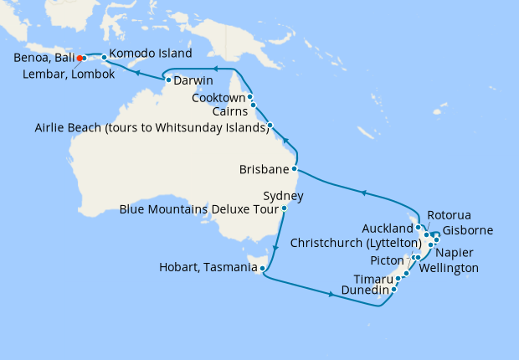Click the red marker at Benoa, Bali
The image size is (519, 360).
click(79, 59)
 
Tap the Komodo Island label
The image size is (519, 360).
click(151, 53)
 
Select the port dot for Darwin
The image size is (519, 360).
click(169, 80)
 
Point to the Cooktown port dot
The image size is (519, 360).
click(249, 97)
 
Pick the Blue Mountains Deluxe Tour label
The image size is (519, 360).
click(198, 208)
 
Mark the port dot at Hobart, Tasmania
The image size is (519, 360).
click(263, 269)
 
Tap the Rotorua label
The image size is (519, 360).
click(449, 214)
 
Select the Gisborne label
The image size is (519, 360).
click(468, 230)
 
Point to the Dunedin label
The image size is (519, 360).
click(364, 291)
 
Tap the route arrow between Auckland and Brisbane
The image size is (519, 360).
click(362, 193)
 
